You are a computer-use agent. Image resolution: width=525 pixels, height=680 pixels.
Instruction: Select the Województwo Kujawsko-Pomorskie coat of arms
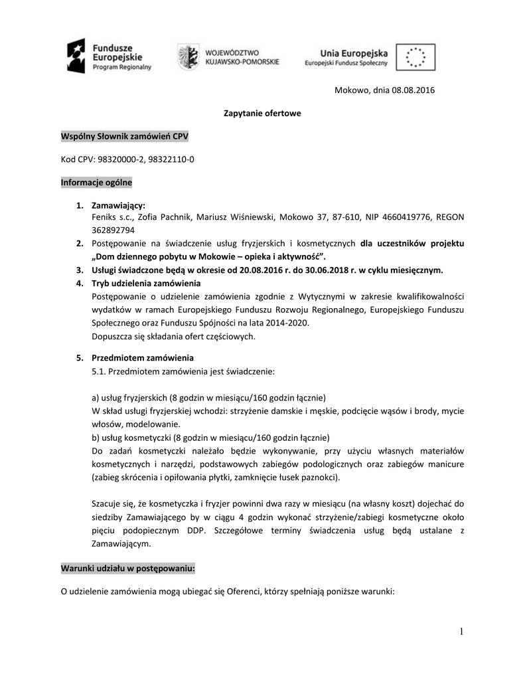188,56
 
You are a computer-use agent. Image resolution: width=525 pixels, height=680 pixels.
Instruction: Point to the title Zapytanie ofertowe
262,113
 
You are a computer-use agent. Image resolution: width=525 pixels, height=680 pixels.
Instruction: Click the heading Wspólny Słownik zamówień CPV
125,136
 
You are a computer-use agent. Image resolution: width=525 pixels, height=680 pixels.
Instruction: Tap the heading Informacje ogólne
96,182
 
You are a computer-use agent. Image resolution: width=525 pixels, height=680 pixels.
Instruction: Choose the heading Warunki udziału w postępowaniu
128,569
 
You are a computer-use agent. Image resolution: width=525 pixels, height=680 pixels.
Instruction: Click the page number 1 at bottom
461,632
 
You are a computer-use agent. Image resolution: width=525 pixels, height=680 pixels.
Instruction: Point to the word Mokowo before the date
352,90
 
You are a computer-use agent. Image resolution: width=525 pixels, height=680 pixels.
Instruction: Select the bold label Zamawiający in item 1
118,205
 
